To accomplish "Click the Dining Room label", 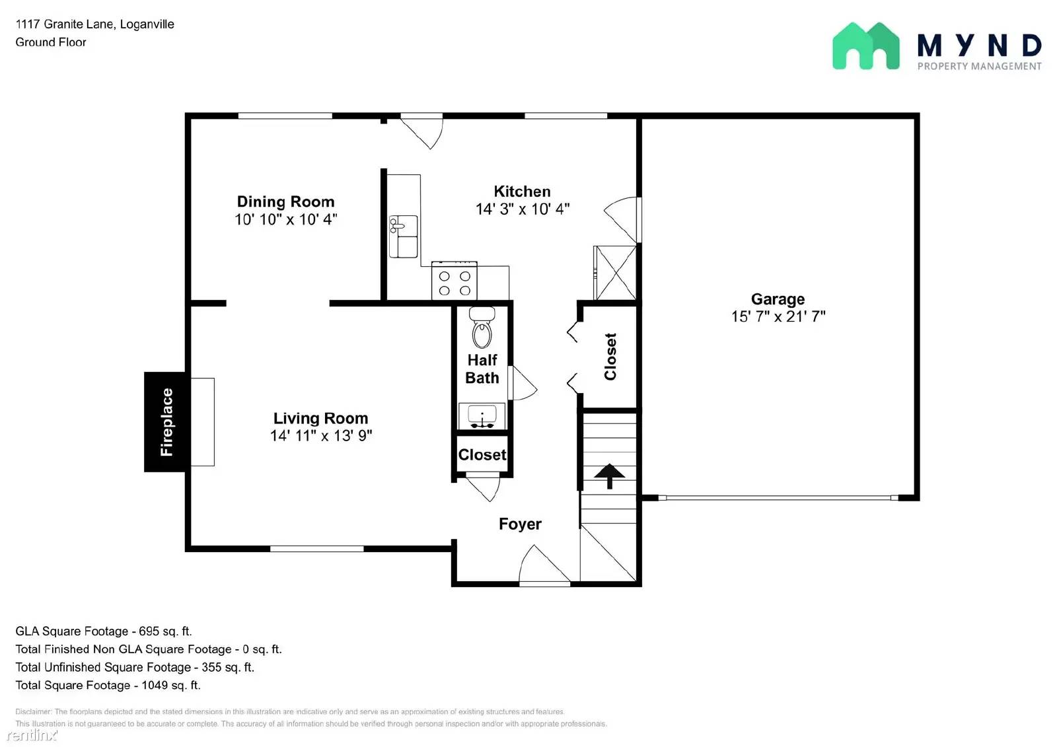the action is pos(285,201).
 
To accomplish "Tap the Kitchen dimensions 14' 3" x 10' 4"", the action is pos(523,209).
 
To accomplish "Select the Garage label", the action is pos(778,299).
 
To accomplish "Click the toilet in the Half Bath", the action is pos(482,328).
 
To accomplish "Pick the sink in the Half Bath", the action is pos(482,416).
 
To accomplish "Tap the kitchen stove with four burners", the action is pos(454,280).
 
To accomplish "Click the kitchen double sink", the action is pos(403,236).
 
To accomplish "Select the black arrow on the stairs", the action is pos(609,476).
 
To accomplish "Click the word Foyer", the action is pos(520,524).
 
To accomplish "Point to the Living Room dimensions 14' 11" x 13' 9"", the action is pos(321,435).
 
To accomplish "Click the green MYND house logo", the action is pos(866,46).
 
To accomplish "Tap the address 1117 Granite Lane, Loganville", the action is pos(95,24).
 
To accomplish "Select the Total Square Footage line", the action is pos(108,685).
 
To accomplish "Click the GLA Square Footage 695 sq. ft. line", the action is pos(103,631).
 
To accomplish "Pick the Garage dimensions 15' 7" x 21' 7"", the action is pos(778,316).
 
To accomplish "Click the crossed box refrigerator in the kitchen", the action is pos(614,272).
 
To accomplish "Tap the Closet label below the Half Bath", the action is pos(482,454).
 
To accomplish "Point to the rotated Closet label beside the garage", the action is pos(610,357).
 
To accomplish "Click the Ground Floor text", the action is pos(51,42).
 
